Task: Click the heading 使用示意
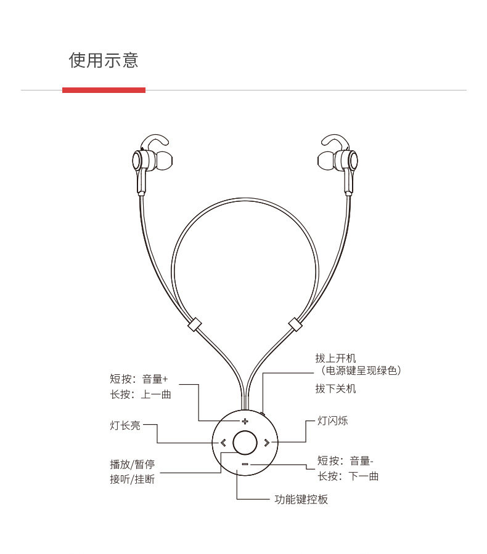click(104, 60)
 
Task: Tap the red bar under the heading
click(104, 90)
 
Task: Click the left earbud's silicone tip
click(162, 161)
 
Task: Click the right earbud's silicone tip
click(325, 161)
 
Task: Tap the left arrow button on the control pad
click(223, 442)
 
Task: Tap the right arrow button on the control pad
click(266, 442)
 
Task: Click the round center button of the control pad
click(245, 442)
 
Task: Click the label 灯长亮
click(125, 425)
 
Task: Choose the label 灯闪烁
click(332, 421)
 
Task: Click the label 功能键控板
click(301, 499)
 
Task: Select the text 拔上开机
click(335, 358)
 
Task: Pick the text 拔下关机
click(335, 388)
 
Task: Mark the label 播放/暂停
click(132, 464)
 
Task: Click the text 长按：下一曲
click(348, 476)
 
